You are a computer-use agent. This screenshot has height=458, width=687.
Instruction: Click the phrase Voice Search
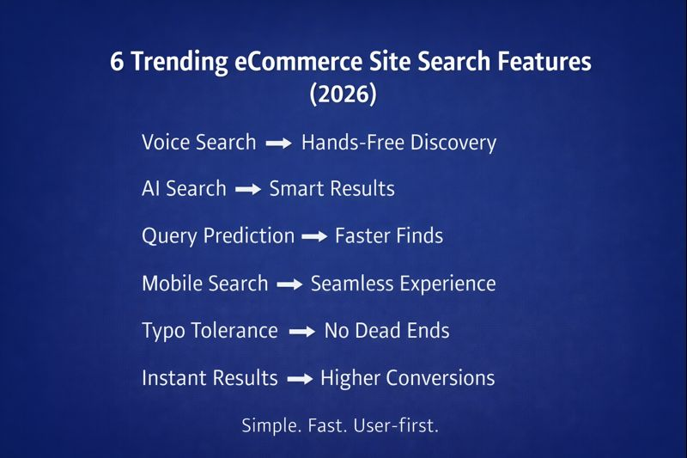pos(198,142)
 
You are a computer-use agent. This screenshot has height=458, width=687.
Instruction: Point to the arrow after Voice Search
pos(278,144)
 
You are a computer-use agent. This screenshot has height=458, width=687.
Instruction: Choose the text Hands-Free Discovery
pos(398,142)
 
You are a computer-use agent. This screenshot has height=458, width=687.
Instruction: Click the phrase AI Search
pos(184,188)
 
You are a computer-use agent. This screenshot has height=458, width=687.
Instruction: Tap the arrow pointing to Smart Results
pos(248,190)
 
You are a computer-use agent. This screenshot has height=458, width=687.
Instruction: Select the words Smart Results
pos(331,188)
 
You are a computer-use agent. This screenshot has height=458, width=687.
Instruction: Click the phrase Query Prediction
pos(218,235)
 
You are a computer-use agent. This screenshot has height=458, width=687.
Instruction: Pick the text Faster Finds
pos(388,235)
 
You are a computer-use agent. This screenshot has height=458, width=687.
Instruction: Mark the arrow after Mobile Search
pos(289,284)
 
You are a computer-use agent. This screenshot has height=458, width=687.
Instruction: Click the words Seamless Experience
pos(403,283)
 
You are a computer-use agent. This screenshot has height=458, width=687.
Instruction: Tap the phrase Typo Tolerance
pos(210,330)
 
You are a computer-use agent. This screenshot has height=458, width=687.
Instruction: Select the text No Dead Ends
pos(386,330)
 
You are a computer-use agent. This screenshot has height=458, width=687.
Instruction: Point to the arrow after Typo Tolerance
pos(301,332)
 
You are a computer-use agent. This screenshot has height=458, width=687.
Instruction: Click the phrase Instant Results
pos(210,377)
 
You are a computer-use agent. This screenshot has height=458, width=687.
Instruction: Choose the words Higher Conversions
pos(407,377)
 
